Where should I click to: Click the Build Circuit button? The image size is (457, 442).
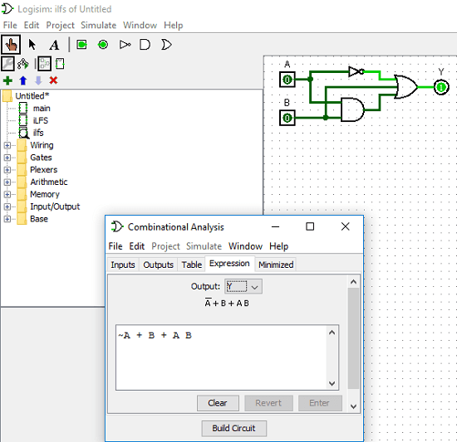tap(233, 429)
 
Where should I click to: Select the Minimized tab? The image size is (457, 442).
tap(275, 265)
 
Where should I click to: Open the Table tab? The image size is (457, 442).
tap(191, 265)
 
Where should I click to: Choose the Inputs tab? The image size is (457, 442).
tap(123, 265)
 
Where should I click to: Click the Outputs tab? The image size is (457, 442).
tap(158, 265)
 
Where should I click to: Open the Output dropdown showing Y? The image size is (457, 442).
tap(243, 286)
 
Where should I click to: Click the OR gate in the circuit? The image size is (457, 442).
tap(406, 86)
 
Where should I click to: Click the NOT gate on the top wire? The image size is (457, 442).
tap(356, 71)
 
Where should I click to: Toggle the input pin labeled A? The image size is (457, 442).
tap(287, 80)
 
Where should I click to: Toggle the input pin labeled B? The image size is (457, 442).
tap(287, 118)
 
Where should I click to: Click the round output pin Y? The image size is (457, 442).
tap(441, 86)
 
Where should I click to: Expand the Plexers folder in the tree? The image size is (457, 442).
tap(8, 170)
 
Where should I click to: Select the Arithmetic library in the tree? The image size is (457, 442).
tap(49, 182)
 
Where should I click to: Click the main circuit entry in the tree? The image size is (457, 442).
tap(42, 109)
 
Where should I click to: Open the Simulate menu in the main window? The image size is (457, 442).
tap(99, 26)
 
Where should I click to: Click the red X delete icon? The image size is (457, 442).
tap(53, 80)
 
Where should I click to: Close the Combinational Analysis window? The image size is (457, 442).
tap(346, 226)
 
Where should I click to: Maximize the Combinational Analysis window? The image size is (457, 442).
tap(310, 226)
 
